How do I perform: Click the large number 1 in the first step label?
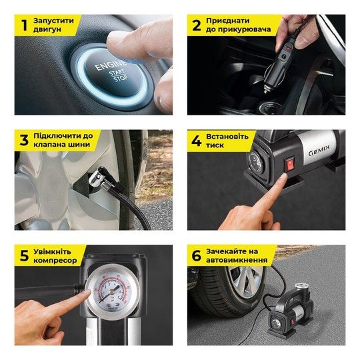[25, 25]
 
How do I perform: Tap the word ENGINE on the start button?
[111, 65]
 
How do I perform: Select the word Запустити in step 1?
[54, 21]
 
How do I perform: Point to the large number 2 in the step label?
[197, 25]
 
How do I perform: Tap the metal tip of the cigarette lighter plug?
[266, 89]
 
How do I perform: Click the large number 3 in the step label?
[24, 140]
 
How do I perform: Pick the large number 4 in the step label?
[196, 141]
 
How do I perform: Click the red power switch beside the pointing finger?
[290, 164]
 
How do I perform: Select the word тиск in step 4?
[215, 145]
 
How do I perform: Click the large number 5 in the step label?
[25, 255]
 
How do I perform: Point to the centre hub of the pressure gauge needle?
[112, 292]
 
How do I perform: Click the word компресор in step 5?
[55, 261]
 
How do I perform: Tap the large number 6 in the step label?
[196, 255]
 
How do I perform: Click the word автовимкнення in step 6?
[237, 260]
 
